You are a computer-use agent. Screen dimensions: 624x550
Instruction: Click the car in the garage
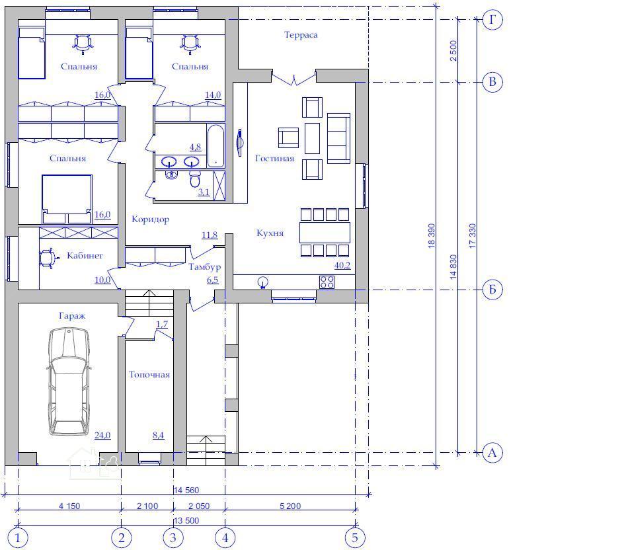click(69, 381)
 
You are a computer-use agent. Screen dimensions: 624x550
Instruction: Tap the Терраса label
click(301, 35)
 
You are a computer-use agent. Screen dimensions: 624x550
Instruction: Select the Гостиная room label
click(274, 159)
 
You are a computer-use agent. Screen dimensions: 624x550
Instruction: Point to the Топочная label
click(149, 375)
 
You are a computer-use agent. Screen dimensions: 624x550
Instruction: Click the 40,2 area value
click(342, 266)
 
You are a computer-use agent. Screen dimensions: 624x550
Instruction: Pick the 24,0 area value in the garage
click(102, 436)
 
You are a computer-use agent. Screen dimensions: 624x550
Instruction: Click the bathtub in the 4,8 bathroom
click(215, 145)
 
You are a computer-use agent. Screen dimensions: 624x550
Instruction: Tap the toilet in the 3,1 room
click(194, 178)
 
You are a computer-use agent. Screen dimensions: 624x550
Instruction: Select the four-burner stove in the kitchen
click(327, 282)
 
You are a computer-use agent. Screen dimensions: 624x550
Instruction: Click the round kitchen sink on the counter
click(262, 282)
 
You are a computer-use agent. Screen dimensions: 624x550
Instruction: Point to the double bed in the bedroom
click(67, 198)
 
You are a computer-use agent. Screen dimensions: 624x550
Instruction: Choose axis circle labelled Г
click(492, 19)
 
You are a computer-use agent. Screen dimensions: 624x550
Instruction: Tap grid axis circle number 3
click(173, 538)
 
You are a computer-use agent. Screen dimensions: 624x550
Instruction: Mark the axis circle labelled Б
click(492, 290)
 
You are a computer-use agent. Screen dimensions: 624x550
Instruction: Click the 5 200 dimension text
click(290, 506)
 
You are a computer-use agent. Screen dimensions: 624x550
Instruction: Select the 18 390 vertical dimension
click(432, 236)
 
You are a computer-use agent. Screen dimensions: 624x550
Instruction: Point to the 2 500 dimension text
click(453, 50)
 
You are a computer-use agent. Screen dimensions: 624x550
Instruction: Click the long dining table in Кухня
click(325, 233)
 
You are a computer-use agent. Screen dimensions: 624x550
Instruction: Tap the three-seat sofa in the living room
click(338, 138)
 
